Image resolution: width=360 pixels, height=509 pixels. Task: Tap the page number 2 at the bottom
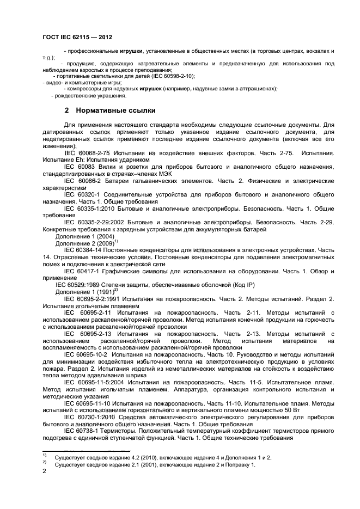(44, 473)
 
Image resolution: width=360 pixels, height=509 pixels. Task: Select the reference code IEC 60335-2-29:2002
(96, 222)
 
